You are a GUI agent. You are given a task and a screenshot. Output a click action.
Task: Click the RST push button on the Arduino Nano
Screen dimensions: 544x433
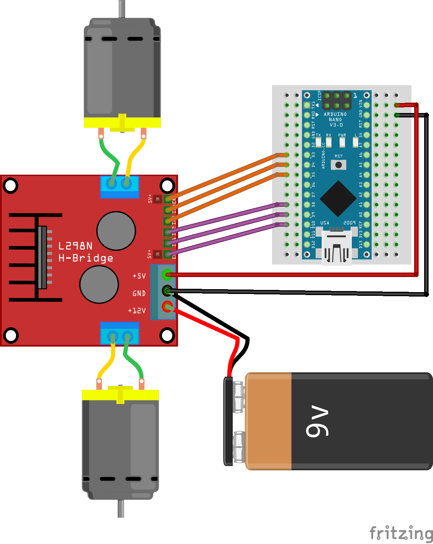coord(339,165)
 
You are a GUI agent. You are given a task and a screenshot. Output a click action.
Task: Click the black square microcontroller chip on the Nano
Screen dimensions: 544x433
coord(338,198)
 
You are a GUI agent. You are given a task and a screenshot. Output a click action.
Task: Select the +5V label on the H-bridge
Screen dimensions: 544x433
coord(139,276)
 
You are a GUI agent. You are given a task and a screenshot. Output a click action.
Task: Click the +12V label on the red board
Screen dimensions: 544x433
coord(137,311)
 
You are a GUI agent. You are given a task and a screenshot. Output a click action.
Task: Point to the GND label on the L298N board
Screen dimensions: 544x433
coord(139,293)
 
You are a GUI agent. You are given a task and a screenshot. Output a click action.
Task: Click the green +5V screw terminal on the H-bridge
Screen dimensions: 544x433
coord(167,274)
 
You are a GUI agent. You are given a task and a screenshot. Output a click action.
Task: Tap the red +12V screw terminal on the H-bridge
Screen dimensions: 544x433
coord(168,307)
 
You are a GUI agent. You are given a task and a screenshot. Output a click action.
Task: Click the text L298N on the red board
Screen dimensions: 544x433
coord(75,246)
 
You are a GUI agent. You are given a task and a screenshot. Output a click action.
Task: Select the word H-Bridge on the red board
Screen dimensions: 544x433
coord(86,258)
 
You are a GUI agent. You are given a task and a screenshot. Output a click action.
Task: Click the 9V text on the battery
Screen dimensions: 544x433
coord(317,422)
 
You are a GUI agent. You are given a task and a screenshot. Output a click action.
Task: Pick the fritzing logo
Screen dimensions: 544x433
coord(401,533)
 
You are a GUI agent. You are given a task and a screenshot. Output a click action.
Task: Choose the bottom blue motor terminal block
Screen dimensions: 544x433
coord(120,333)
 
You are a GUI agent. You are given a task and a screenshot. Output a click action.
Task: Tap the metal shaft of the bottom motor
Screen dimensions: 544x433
coord(121,509)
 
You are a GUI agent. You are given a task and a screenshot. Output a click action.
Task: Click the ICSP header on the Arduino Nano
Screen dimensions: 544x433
coord(336,100)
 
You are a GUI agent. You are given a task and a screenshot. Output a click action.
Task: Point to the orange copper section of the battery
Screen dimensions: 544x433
coord(269,421)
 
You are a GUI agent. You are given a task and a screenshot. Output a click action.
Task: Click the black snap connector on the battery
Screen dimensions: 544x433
coord(228,421)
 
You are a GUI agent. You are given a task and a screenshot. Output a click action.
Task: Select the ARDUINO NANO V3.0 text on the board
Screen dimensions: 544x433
coord(336,119)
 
